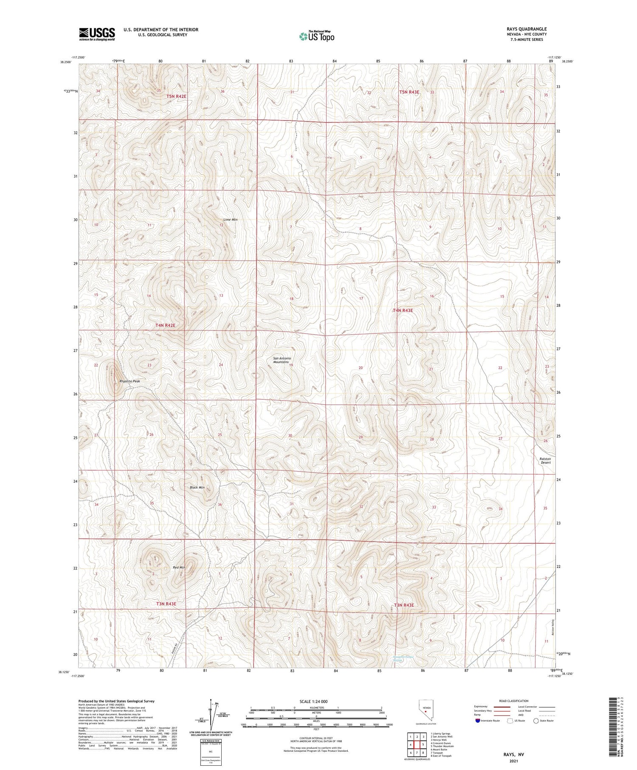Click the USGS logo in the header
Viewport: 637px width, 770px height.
pyautogui.click(x=97, y=34)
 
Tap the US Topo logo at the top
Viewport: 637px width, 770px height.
pyautogui.click(x=317, y=36)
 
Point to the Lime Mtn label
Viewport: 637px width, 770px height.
pyautogui.click(x=230, y=220)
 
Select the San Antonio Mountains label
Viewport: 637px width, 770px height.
pyautogui.click(x=282, y=360)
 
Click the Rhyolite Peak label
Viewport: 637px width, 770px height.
pyautogui.click(x=130, y=381)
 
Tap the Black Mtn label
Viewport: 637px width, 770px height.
pyautogui.click(x=197, y=487)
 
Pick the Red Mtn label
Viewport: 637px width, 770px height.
pyautogui.click(x=179, y=567)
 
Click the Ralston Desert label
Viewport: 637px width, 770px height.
pyautogui.click(x=545, y=460)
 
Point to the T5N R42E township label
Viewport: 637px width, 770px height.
pyautogui.click(x=176, y=96)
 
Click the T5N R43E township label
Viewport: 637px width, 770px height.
pyautogui.click(x=409, y=92)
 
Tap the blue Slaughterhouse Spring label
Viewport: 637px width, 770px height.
pyautogui.click(x=403, y=659)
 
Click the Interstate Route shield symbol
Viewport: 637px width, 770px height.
pyautogui.click(x=477, y=721)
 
